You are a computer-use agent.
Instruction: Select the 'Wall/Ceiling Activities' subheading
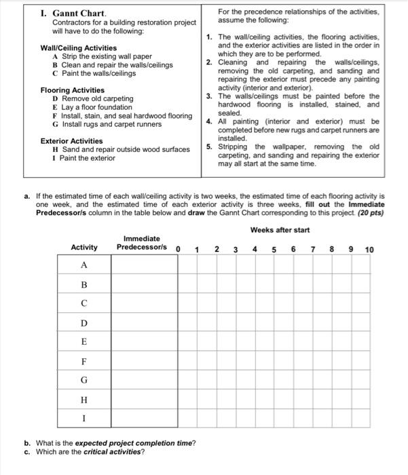78,48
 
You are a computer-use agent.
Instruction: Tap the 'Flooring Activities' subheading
72,90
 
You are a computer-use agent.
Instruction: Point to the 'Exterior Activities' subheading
71,141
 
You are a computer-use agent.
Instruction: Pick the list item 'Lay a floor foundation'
97,107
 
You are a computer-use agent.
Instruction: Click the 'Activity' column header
84,247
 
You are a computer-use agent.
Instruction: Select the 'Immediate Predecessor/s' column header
141,243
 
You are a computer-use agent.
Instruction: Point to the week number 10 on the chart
369,250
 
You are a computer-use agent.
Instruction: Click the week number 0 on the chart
179,248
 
